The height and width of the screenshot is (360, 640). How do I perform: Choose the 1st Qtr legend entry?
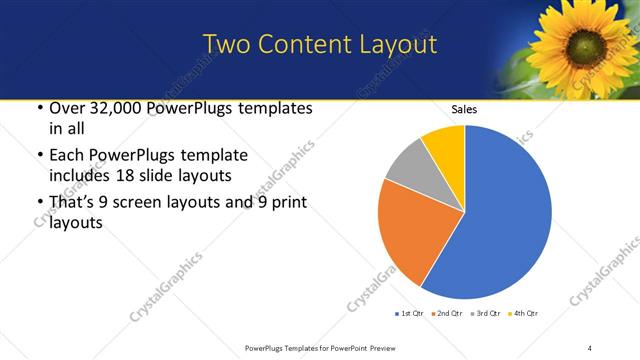(408, 315)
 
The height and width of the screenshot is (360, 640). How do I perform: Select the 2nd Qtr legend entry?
(447, 315)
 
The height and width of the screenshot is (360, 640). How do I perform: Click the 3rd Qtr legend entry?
(485, 315)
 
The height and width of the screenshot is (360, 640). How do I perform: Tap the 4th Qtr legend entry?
(523, 315)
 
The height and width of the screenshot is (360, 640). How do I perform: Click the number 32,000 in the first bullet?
(107, 107)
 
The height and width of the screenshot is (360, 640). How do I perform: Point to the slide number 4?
(589, 347)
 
